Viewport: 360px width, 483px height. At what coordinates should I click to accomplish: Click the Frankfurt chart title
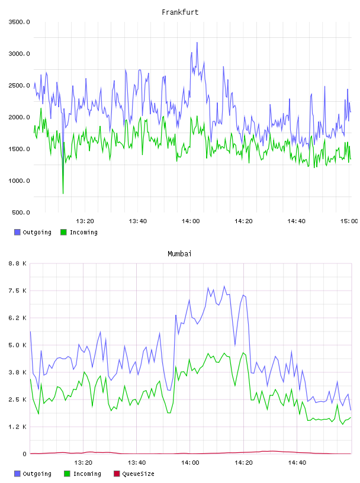(x=180, y=12)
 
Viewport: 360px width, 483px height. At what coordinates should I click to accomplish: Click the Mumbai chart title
(x=179, y=254)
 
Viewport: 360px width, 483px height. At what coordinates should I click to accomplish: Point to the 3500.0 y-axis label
(x=19, y=22)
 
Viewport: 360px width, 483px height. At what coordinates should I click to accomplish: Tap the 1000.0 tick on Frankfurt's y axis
(x=19, y=181)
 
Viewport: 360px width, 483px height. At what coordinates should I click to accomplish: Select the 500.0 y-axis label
(x=21, y=212)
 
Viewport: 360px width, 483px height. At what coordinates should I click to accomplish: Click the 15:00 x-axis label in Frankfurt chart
(x=349, y=221)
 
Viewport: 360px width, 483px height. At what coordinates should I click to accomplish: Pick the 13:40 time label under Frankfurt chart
(x=138, y=221)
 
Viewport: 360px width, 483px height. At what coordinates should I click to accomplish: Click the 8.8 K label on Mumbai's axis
(x=17, y=263)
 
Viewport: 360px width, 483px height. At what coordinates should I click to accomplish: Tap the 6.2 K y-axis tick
(x=17, y=318)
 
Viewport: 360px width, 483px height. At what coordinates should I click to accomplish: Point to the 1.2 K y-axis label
(x=17, y=427)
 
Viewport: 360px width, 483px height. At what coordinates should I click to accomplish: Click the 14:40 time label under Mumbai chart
(x=297, y=463)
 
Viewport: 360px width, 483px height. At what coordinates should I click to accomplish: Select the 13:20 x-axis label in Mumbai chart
(x=83, y=463)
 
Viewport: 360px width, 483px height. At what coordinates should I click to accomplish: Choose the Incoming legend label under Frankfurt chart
(x=83, y=232)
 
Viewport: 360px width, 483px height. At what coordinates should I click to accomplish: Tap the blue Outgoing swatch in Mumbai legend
(x=17, y=474)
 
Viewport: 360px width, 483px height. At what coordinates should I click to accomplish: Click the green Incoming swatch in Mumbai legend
(x=67, y=474)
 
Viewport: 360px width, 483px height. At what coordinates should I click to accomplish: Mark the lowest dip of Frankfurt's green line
(x=63, y=194)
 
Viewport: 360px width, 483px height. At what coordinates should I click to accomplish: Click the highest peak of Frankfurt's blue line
(x=197, y=43)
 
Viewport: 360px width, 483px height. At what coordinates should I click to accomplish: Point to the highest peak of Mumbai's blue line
(x=224, y=286)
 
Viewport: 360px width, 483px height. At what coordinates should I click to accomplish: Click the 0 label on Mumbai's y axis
(x=25, y=454)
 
